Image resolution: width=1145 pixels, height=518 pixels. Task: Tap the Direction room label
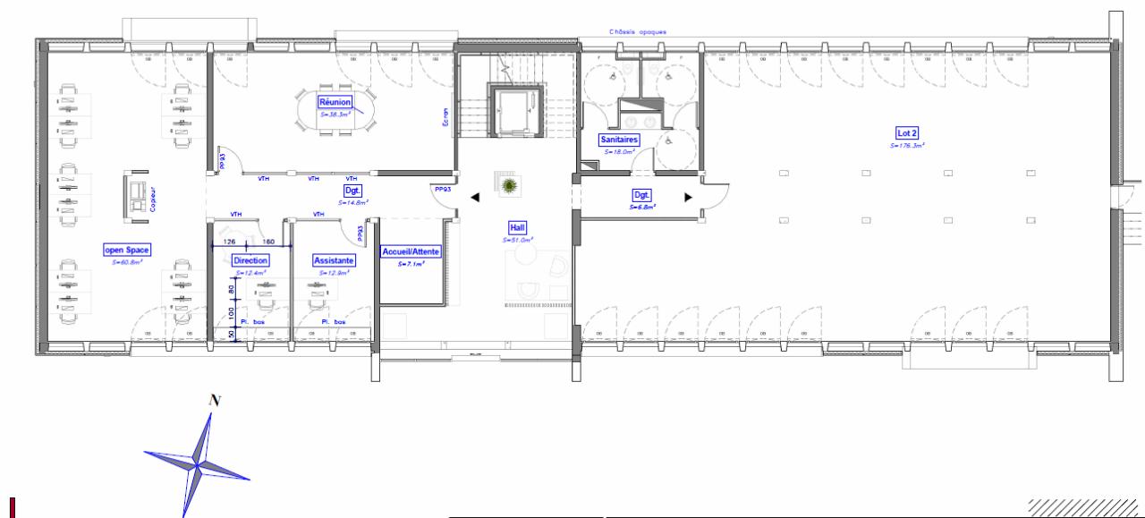[250, 260]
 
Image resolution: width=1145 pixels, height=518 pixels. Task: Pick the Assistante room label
[334, 260]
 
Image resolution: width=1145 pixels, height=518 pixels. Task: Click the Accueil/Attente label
[410, 252]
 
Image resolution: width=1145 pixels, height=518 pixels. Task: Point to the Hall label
[518, 228]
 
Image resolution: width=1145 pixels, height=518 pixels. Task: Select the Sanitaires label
[618, 140]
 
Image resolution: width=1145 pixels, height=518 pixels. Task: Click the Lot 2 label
[907, 132]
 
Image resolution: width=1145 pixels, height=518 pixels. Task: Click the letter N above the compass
[214, 400]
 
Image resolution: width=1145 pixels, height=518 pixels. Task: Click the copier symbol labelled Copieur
[139, 196]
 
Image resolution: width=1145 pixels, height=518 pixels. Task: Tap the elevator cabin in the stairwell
[516, 110]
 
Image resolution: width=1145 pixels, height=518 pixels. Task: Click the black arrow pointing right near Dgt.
[687, 197]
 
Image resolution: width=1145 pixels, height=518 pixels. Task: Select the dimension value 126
[229, 242]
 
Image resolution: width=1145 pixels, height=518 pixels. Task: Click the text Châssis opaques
[638, 31]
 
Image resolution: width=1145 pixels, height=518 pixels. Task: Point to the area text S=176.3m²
[907, 145]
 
